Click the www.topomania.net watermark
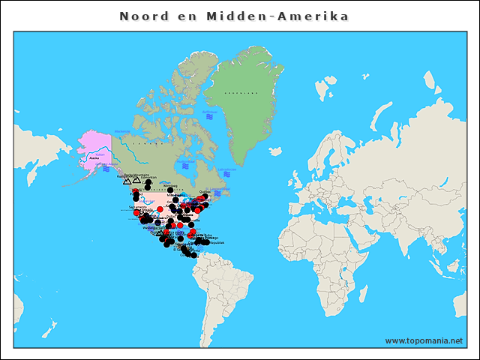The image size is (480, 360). (x=424, y=340)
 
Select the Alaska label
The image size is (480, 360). (x=94, y=158)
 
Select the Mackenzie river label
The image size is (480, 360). (x=123, y=132)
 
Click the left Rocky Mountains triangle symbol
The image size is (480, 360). (x=127, y=181)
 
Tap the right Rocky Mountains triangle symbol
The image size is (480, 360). (x=136, y=180)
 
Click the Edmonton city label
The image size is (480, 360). (x=148, y=178)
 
